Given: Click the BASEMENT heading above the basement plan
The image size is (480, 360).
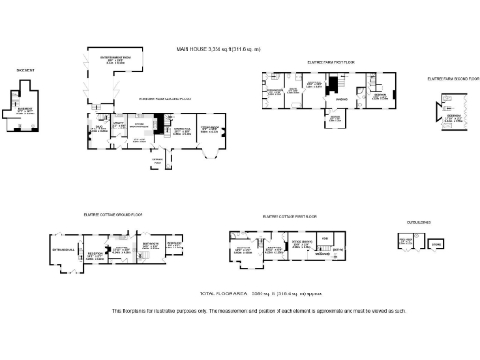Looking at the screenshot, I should pyautogui.click(x=25, y=71).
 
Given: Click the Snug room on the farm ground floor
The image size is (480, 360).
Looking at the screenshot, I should pyautogui.click(x=97, y=128).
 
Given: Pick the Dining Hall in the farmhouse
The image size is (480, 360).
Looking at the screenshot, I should pyautogui.click(x=183, y=130).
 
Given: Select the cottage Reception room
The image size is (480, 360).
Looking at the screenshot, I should pyautogui.click(x=95, y=254).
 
